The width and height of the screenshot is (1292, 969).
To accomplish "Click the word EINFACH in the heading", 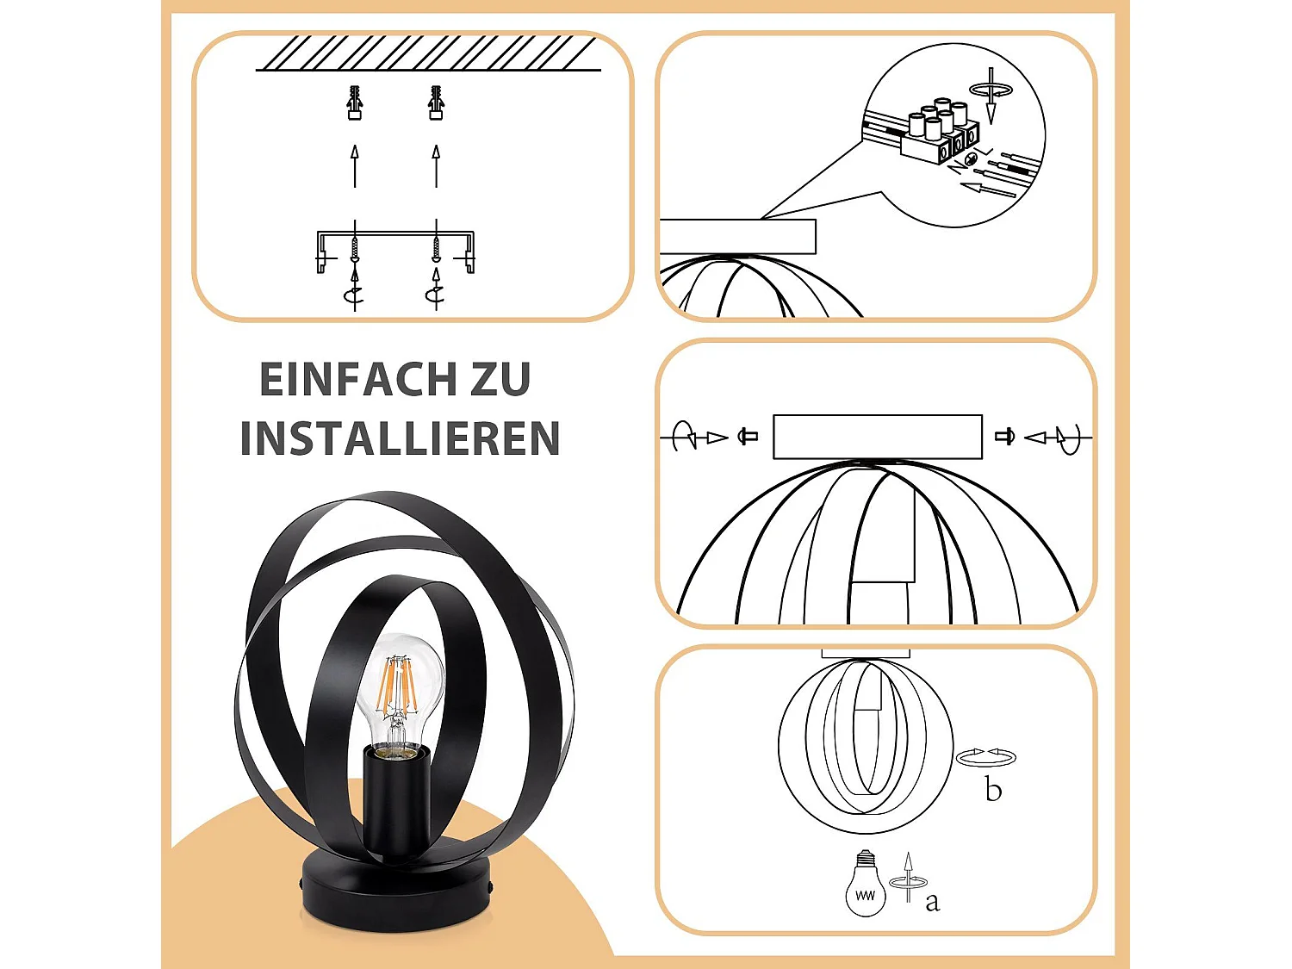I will tap(358, 380).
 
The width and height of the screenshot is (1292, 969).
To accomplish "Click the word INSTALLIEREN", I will tap(401, 439).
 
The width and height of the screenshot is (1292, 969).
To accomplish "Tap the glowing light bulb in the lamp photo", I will tap(400, 689).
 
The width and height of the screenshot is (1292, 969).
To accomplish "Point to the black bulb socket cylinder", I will tap(396, 797).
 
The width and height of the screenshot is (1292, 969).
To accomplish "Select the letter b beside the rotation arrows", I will tap(993, 790).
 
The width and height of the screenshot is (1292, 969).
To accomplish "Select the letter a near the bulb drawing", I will tap(932, 902).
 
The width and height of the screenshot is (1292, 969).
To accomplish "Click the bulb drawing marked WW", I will tap(866, 885).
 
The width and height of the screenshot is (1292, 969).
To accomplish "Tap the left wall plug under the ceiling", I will tap(354, 102).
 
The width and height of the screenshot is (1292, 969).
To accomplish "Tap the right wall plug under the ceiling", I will tap(436, 102).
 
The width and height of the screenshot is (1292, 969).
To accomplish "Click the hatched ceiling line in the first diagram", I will tap(428, 53).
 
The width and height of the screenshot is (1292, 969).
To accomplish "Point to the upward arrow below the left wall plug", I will tap(354, 166).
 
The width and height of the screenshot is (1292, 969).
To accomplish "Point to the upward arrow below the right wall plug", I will tap(436, 166).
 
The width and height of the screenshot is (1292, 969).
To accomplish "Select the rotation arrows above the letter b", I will tap(986, 757).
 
